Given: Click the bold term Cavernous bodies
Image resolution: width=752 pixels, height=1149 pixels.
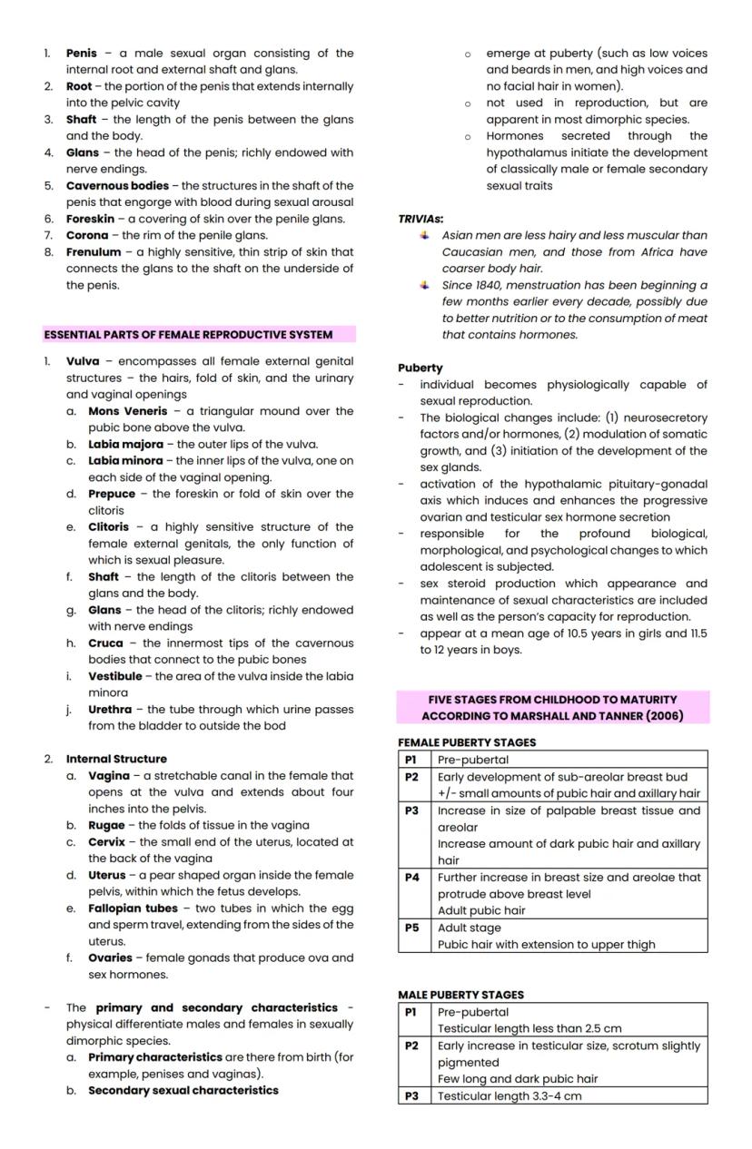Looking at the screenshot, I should pyautogui.click(x=117, y=186).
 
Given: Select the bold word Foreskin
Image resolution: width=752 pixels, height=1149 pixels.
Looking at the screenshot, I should pyautogui.click(x=90, y=219).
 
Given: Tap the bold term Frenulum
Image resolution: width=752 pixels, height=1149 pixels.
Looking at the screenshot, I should pyautogui.click(x=94, y=252).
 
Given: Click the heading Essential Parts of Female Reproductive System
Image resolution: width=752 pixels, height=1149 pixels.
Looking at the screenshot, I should pyautogui.click(x=188, y=335).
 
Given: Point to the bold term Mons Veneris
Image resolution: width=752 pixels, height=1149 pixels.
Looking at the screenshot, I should pyautogui.click(x=128, y=411).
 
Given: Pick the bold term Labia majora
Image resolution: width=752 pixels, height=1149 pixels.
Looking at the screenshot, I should pyautogui.click(x=125, y=445).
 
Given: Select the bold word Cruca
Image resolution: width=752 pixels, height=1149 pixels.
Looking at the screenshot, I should pyautogui.click(x=105, y=643).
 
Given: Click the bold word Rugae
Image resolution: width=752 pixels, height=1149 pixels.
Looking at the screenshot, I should pyautogui.click(x=106, y=826).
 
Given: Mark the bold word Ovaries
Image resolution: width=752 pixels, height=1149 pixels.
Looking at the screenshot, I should pyautogui.click(x=110, y=958).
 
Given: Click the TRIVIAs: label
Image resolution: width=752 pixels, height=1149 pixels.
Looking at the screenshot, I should pyautogui.click(x=421, y=220).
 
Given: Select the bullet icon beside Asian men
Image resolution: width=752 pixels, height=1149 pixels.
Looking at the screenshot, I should pyautogui.click(x=424, y=235).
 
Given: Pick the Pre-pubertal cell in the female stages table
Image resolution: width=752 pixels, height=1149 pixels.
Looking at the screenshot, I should pyautogui.click(x=473, y=760).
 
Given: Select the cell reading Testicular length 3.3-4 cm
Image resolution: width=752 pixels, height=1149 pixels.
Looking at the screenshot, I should pyautogui.click(x=510, y=1096).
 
